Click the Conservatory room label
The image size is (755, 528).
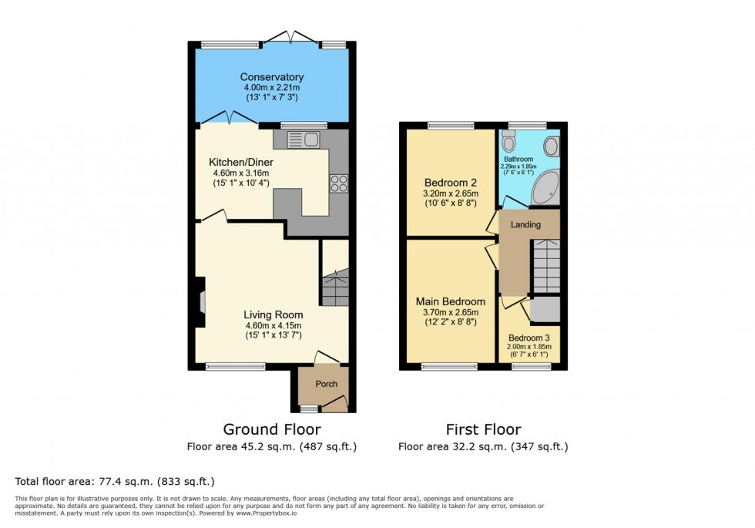pyautogui.click(x=271, y=77)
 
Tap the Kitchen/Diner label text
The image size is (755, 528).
pyautogui.click(x=241, y=163)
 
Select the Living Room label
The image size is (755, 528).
pyautogui.click(x=273, y=314)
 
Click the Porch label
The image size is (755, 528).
pyautogui.click(x=327, y=384)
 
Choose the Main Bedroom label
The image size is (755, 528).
pyautogui.click(x=451, y=301)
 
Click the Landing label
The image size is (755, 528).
pyautogui.click(x=525, y=224)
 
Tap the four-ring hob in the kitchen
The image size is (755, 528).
pyautogui.click(x=339, y=183)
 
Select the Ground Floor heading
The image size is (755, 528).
pyautogui.click(x=272, y=429)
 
